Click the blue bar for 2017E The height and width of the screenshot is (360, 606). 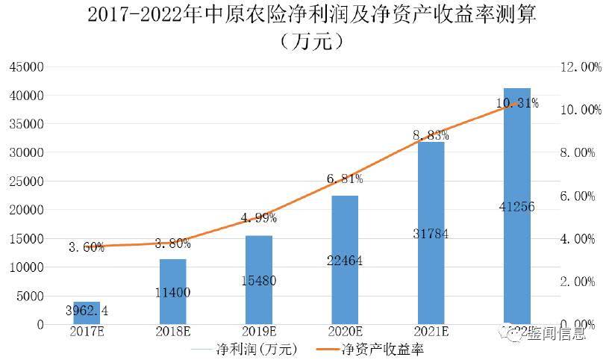(x=87, y=313)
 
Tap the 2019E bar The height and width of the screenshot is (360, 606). (x=260, y=280)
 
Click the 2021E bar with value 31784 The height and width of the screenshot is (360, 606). (x=431, y=233)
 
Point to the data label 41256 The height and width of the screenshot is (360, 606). (x=516, y=207)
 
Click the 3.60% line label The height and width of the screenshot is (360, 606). (x=87, y=247)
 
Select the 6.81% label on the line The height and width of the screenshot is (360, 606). (x=344, y=179)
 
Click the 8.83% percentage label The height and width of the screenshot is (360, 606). (x=431, y=135)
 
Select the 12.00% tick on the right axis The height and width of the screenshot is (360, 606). (x=580, y=67)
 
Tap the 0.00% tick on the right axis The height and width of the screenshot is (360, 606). (x=578, y=324)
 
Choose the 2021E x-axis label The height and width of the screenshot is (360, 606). (x=431, y=332)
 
